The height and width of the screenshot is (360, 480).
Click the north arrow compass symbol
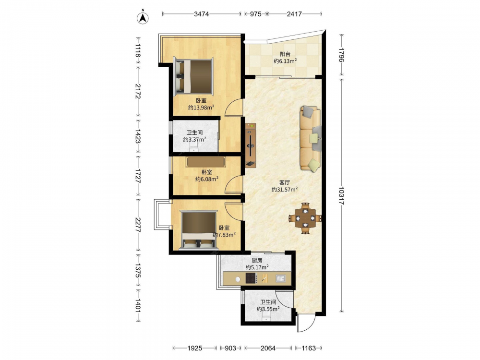(x=143, y=18)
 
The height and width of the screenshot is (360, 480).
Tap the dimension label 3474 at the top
(x=202, y=14)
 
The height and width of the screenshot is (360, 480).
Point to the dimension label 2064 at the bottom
(x=268, y=348)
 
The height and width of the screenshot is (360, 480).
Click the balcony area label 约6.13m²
(x=285, y=61)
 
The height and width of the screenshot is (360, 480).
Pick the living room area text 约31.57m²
(x=285, y=189)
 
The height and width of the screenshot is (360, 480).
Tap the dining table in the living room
(x=305, y=218)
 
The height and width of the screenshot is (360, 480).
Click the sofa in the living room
(x=311, y=138)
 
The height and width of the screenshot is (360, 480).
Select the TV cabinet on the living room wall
(x=251, y=145)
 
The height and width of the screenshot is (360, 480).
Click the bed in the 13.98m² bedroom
(x=193, y=76)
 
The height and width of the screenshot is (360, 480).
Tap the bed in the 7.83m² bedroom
(x=198, y=229)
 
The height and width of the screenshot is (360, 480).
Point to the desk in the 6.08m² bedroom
(x=206, y=162)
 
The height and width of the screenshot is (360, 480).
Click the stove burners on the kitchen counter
(x=251, y=278)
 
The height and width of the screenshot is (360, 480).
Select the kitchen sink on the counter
(x=281, y=278)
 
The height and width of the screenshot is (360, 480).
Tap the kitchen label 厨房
(x=257, y=260)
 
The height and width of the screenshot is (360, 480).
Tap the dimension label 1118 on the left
(x=138, y=50)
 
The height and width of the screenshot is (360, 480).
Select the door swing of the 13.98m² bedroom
(x=234, y=108)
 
